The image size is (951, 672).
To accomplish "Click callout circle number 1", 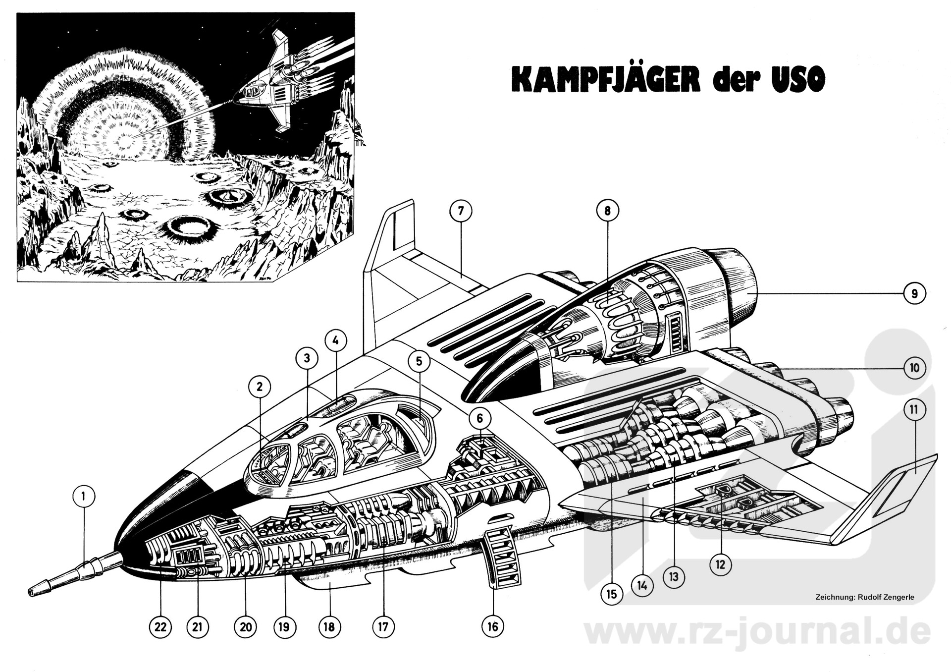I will point(84,496).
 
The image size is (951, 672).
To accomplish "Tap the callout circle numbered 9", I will point(914,293).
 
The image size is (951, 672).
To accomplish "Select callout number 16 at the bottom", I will point(493,626).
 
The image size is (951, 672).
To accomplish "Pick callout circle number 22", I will point(160,627).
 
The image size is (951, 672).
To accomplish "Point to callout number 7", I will point(461,211).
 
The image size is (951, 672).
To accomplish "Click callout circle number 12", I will point(720,564).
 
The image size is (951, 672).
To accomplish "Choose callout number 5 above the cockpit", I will point(419,361).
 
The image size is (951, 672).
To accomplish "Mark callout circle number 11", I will point(914,410).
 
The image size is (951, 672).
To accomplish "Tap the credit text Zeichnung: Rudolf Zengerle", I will point(864,597).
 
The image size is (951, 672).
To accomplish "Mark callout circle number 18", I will point(329,627).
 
